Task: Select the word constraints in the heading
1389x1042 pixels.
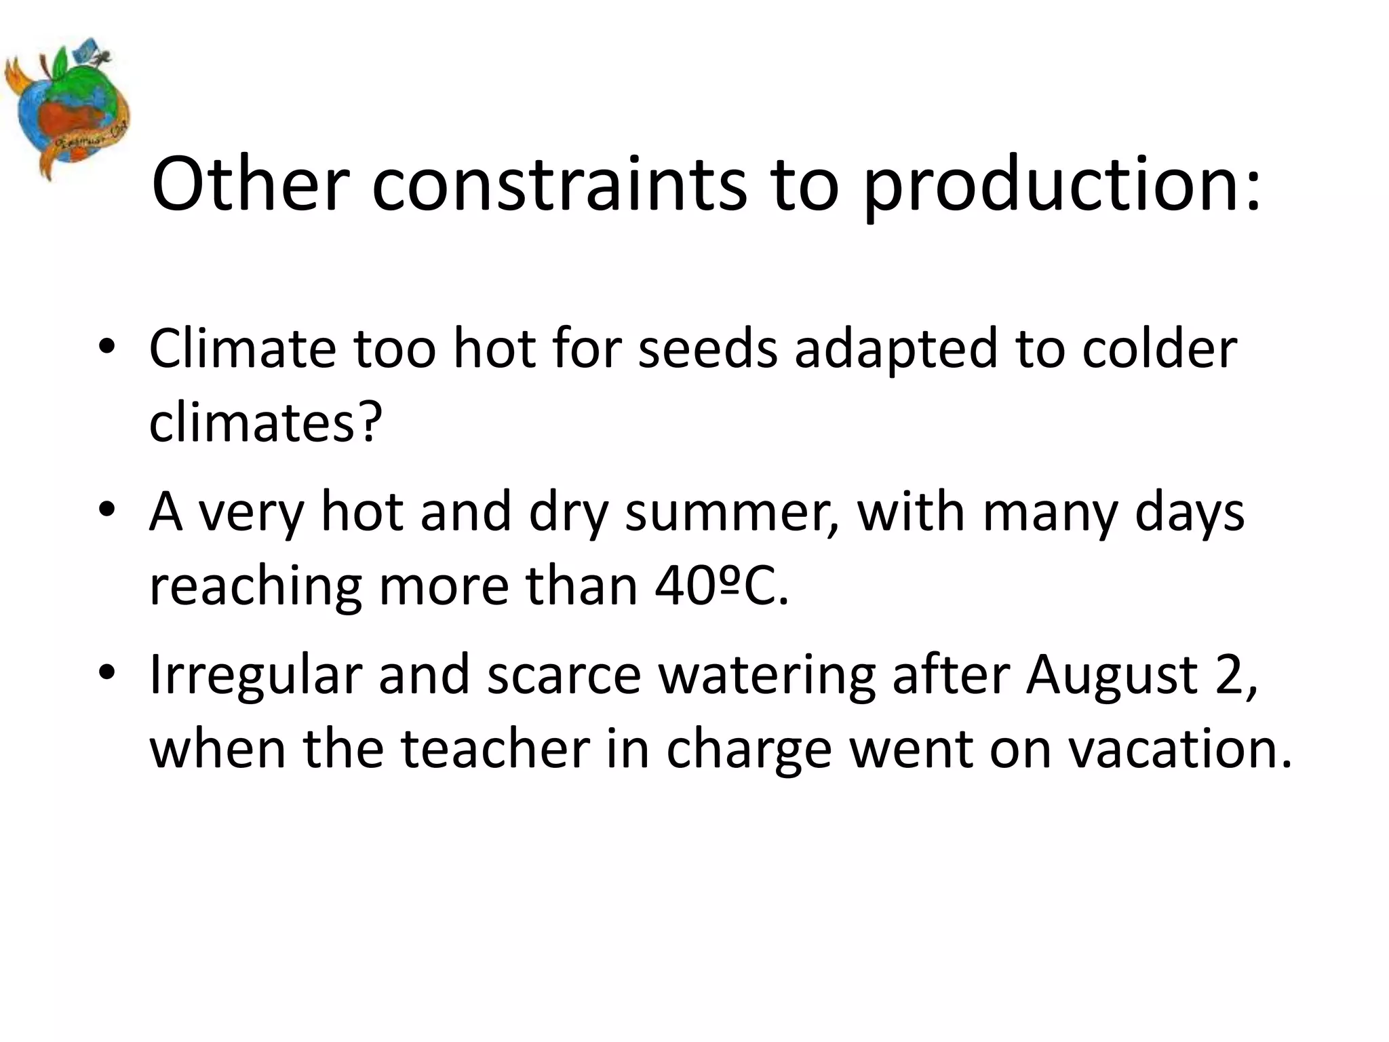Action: [x=559, y=185]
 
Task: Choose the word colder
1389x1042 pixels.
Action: [x=1159, y=349]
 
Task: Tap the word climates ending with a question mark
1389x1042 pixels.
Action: [x=265, y=423]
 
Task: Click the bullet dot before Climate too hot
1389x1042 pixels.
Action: [x=106, y=347]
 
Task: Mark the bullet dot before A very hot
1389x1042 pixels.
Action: [x=106, y=510]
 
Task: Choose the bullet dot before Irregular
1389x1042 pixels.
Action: [x=106, y=674]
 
